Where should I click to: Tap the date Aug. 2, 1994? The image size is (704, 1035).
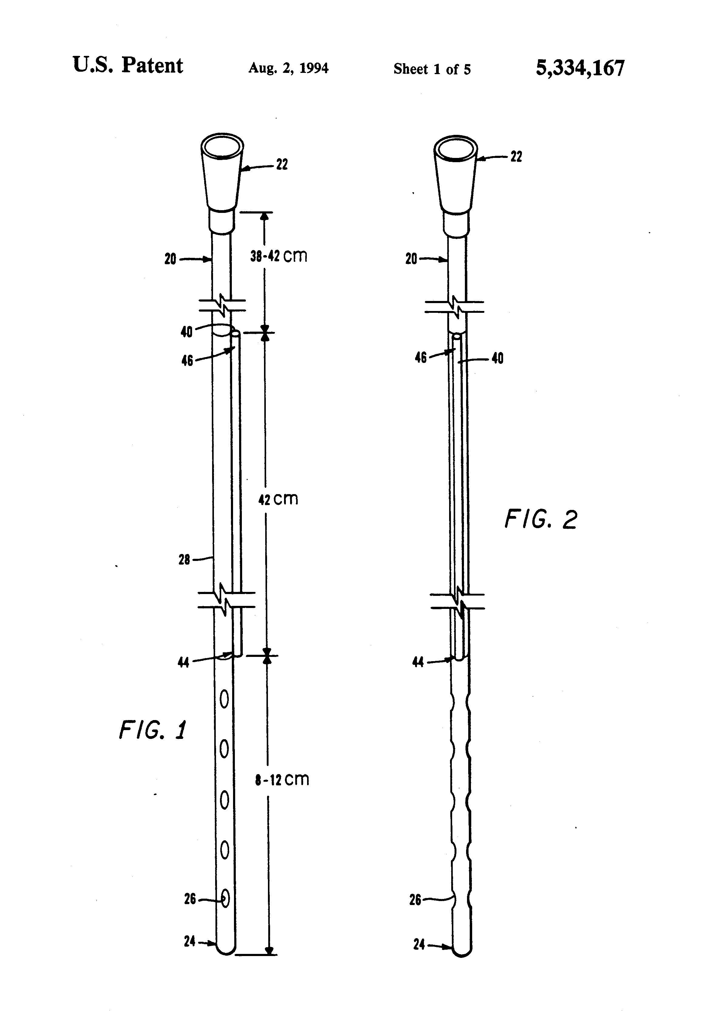(x=288, y=68)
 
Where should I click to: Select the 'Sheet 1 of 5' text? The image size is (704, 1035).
(x=432, y=69)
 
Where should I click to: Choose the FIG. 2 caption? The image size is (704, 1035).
(x=541, y=519)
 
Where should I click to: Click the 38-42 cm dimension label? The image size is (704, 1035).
(x=279, y=256)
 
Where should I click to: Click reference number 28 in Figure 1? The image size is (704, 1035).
(x=184, y=559)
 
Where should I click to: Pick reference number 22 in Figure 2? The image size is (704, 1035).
(x=516, y=157)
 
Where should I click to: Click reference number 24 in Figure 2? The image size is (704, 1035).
(x=419, y=944)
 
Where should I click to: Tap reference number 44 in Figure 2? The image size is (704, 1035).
(x=418, y=662)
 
